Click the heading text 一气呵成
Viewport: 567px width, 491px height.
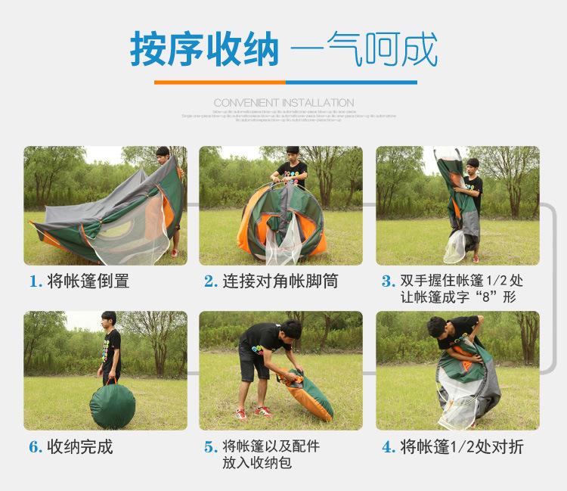click(x=364, y=50)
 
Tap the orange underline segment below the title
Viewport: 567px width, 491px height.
click(x=219, y=82)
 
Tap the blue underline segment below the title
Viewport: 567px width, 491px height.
click(x=351, y=82)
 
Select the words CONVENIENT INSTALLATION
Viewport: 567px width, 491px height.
click(x=283, y=103)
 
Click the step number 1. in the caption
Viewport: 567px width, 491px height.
click(x=36, y=282)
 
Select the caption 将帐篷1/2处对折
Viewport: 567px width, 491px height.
click(x=462, y=446)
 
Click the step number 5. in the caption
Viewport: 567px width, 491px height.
click(x=211, y=447)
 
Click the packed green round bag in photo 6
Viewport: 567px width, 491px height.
click(x=112, y=406)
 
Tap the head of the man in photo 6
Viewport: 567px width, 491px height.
click(x=109, y=319)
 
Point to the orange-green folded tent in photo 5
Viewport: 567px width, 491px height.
click(x=308, y=393)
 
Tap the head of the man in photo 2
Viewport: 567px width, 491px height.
click(x=293, y=154)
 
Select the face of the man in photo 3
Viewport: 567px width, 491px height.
click(x=472, y=167)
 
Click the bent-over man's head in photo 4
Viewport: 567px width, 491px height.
click(x=436, y=328)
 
